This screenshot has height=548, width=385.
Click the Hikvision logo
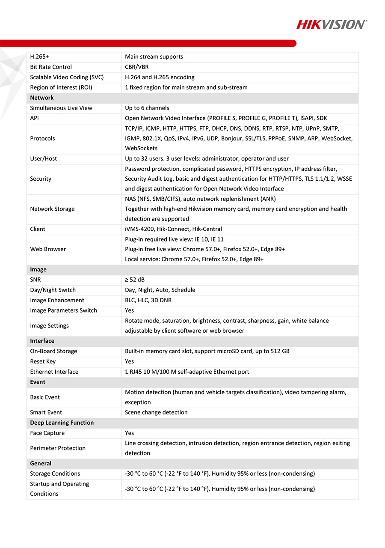pyautogui.click(x=332, y=24)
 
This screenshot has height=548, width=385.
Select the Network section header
pyautogui.click(x=42, y=98)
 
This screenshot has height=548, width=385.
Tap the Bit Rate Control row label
pyautogui.click(x=51, y=67)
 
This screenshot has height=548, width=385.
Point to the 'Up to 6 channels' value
pyautogui.click(x=147, y=108)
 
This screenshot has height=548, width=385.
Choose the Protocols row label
pyautogui.click(x=42, y=138)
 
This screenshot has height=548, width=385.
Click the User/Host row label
pyautogui.click(x=43, y=158)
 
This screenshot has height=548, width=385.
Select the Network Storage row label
pyautogui.click(x=52, y=209)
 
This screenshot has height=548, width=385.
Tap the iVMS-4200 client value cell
pyautogui.click(x=173, y=229)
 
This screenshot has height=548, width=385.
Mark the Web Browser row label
pyautogui.click(x=48, y=249)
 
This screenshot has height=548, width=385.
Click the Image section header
pyautogui.click(x=38, y=270)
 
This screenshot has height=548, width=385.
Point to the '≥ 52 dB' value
pyautogui.click(x=135, y=280)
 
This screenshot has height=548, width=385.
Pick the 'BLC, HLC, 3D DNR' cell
pyautogui.click(x=148, y=300)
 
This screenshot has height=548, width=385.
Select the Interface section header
pyautogui.click(x=42, y=341)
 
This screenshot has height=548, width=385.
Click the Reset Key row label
pyautogui.click(x=43, y=361)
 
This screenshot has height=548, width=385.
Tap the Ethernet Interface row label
pyautogui.click(x=54, y=372)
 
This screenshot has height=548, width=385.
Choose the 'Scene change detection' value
pyautogui.click(x=156, y=412)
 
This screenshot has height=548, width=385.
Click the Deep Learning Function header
pyautogui.click(x=62, y=423)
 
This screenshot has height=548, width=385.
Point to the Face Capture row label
pyautogui.click(x=47, y=433)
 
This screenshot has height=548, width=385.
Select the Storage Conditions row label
pyautogui.click(x=55, y=474)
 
